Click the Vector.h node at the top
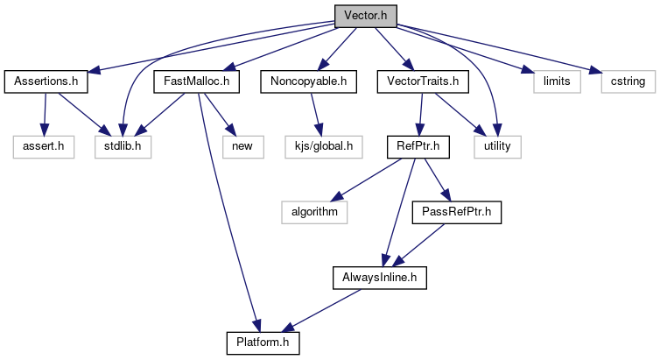365,17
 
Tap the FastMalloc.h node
190,81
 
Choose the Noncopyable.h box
303,81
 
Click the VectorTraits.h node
422,81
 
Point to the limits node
556,81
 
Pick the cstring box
623,81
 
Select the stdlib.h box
123,145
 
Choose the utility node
497,145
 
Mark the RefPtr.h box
418,145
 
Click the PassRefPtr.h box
457,210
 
